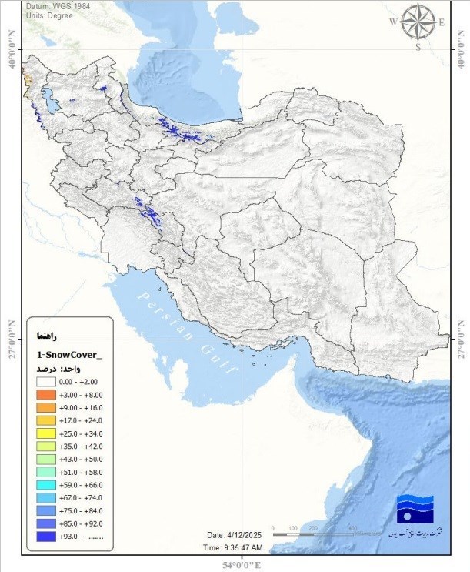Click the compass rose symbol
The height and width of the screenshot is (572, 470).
click(x=418, y=22)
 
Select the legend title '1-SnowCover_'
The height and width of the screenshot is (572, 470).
click(x=69, y=354)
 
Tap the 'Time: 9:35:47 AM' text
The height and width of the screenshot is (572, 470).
click(x=240, y=547)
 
